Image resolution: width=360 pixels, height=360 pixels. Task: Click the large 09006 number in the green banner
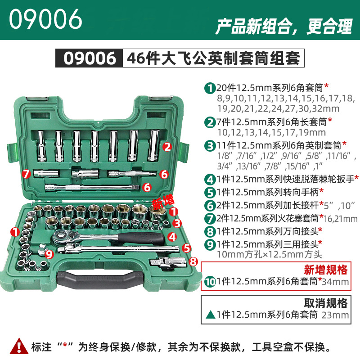(x=45, y=19)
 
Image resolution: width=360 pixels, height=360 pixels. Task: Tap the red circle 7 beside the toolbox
(x=27, y=174)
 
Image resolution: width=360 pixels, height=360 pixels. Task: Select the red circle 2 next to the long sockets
(x=167, y=147)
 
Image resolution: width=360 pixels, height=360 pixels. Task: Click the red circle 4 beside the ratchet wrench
(x=172, y=237)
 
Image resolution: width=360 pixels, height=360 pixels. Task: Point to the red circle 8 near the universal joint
(x=193, y=261)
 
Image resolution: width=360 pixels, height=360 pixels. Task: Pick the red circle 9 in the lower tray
(x=49, y=254)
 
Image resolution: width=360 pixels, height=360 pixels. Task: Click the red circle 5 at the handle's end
(x=187, y=248)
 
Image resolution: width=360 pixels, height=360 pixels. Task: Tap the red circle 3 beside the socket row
(x=177, y=223)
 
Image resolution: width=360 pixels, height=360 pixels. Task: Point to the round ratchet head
(x=61, y=235)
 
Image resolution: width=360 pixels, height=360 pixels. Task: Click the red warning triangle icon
(x=19, y=346)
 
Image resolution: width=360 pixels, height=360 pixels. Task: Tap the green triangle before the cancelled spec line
(x=210, y=315)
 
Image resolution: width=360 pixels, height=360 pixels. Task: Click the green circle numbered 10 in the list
(x=210, y=282)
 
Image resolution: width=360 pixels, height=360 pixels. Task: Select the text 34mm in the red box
(x=335, y=282)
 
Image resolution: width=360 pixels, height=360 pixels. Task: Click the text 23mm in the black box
(x=335, y=315)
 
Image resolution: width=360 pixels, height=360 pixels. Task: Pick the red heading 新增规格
(x=325, y=270)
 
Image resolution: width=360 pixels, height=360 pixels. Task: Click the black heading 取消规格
(x=325, y=303)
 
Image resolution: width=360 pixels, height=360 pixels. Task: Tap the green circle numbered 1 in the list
(x=210, y=88)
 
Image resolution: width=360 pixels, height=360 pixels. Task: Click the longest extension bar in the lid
(x=92, y=188)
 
